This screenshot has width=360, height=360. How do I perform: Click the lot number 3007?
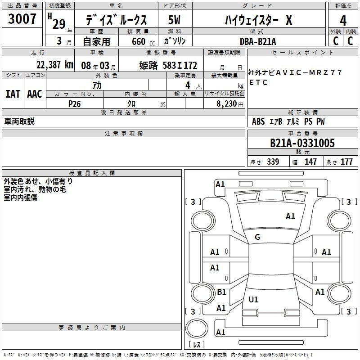[22, 19]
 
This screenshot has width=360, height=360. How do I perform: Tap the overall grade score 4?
[343, 21]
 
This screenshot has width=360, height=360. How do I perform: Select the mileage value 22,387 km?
[55, 65]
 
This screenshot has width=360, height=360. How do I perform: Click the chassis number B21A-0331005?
[302, 143]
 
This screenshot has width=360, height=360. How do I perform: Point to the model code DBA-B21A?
[258, 41]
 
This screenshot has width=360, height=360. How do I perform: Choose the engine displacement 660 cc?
[143, 42]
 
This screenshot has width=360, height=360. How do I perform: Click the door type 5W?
[174, 20]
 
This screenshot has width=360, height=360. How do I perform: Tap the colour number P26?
[74, 104]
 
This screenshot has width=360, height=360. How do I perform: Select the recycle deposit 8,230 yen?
[230, 104]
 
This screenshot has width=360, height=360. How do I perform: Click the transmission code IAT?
[13, 94]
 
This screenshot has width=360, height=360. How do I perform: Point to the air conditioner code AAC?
[35, 94]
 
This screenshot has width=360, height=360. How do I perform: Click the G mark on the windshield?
[257, 237]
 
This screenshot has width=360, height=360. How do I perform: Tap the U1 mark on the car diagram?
[253, 299]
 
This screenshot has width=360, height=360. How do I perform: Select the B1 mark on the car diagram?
[221, 292]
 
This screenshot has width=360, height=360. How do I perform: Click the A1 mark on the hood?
[290, 216]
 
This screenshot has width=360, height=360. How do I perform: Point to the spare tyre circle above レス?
[197, 328]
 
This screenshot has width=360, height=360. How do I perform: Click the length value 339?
[273, 162]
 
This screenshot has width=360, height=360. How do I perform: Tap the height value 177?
[346, 162]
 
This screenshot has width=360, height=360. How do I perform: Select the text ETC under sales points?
[258, 82]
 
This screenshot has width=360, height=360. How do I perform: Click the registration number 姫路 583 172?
[168, 65]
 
